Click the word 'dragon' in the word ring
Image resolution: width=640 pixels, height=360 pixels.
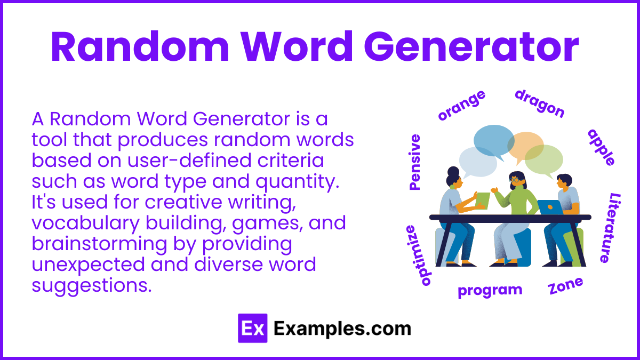(539, 103)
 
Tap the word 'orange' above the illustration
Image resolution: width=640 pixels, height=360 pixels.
(461, 105)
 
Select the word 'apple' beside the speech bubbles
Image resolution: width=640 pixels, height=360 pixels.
(602, 147)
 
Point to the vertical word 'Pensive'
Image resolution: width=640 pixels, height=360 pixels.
(414, 162)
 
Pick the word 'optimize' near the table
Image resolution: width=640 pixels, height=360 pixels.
(418, 255)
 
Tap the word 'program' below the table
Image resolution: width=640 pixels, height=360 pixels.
(490, 291)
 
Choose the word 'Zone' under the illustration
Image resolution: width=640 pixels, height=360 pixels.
(565, 286)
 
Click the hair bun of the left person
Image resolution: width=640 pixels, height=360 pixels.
(453, 171)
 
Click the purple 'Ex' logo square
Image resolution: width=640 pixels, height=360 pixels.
(252, 328)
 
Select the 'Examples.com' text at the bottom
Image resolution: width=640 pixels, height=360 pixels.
(342, 328)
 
